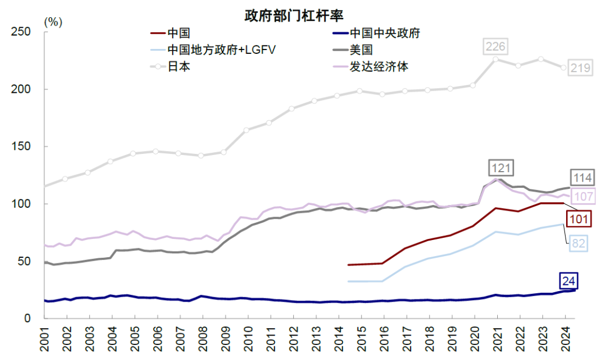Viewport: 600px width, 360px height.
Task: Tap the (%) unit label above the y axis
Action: tap(53, 22)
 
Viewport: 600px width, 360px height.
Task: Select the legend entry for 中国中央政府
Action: tap(384, 33)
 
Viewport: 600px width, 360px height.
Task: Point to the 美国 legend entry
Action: tap(357, 50)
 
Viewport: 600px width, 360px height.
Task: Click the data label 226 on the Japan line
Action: tap(495, 46)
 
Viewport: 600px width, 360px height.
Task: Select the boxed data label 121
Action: tap(501, 167)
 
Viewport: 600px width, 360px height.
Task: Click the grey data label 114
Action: tap(583, 178)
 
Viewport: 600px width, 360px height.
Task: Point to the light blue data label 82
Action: tap(577, 243)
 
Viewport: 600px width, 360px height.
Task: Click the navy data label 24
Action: tap(568, 281)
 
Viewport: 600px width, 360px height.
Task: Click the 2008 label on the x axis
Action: tap(203, 339)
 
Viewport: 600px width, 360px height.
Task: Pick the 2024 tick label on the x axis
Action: tap(566, 339)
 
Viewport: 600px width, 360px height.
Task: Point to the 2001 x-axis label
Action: tap(44, 339)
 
